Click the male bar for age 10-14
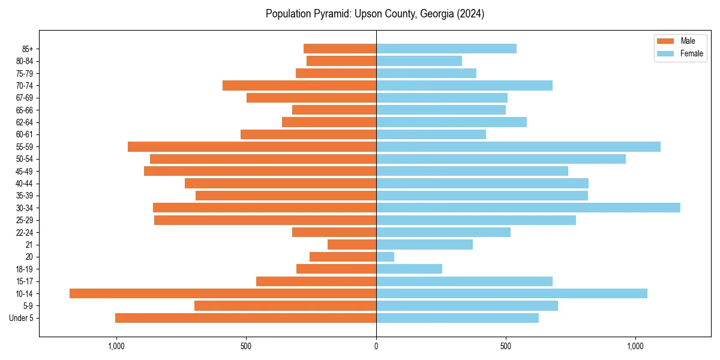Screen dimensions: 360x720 point(223,293)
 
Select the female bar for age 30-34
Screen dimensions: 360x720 point(528,208)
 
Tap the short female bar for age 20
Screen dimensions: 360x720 point(385,257)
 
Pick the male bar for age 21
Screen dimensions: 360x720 point(352,244)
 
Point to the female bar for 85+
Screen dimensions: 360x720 point(446,49)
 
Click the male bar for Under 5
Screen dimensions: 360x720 point(245,318)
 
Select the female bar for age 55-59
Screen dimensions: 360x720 point(518,146)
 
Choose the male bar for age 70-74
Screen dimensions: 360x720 point(299,85)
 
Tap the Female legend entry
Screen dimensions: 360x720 point(691,53)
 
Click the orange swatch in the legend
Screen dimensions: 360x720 point(665,41)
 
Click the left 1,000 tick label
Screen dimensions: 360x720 point(116,346)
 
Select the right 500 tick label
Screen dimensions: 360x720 point(506,346)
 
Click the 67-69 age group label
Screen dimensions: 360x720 point(24,98)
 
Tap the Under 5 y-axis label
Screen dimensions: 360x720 point(21,318)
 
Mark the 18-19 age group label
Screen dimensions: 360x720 point(24,269)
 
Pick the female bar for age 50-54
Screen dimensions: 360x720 point(500,159)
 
